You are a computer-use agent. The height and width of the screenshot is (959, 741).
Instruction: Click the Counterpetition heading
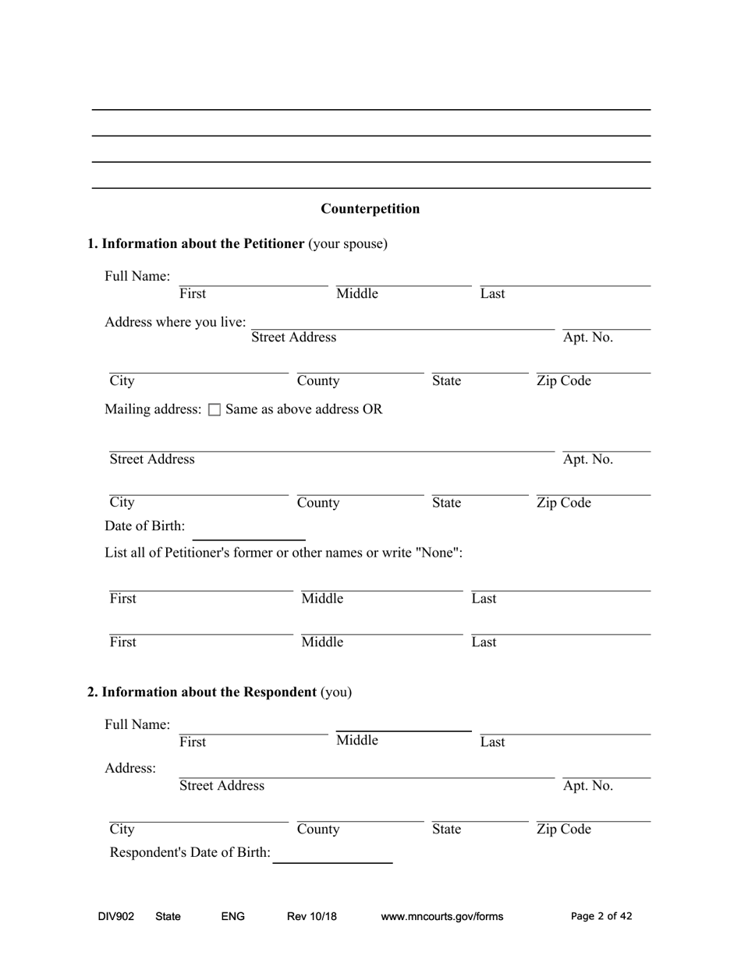[x=370, y=209]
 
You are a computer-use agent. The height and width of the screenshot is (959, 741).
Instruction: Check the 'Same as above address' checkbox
[x=215, y=410]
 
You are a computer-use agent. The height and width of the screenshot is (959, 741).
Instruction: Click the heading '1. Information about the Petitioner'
[x=196, y=244]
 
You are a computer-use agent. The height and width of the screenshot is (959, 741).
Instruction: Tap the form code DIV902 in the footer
[x=116, y=917]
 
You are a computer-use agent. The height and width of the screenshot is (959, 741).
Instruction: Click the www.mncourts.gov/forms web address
[x=441, y=917]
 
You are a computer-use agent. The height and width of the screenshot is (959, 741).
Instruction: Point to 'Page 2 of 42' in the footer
[x=601, y=917]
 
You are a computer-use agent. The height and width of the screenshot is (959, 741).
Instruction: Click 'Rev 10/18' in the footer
[x=312, y=917]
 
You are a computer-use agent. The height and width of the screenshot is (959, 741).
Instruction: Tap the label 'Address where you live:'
[x=175, y=322]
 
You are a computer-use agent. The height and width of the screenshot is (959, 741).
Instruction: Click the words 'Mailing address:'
[x=153, y=409]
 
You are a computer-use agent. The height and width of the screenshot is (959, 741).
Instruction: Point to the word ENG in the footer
[x=233, y=917]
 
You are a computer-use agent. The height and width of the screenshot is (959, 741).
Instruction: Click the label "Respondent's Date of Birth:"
[x=190, y=853]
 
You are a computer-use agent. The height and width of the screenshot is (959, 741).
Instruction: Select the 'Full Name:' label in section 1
[x=137, y=277]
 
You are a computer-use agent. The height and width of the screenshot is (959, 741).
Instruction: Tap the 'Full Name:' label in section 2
[x=137, y=725]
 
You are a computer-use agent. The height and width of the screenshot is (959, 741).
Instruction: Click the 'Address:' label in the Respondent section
[x=130, y=769]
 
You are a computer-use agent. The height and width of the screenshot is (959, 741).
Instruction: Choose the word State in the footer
[x=168, y=917]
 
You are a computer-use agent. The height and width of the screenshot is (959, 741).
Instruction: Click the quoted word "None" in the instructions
[x=438, y=553]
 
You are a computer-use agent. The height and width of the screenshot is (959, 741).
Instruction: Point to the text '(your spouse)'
[x=348, y=244]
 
